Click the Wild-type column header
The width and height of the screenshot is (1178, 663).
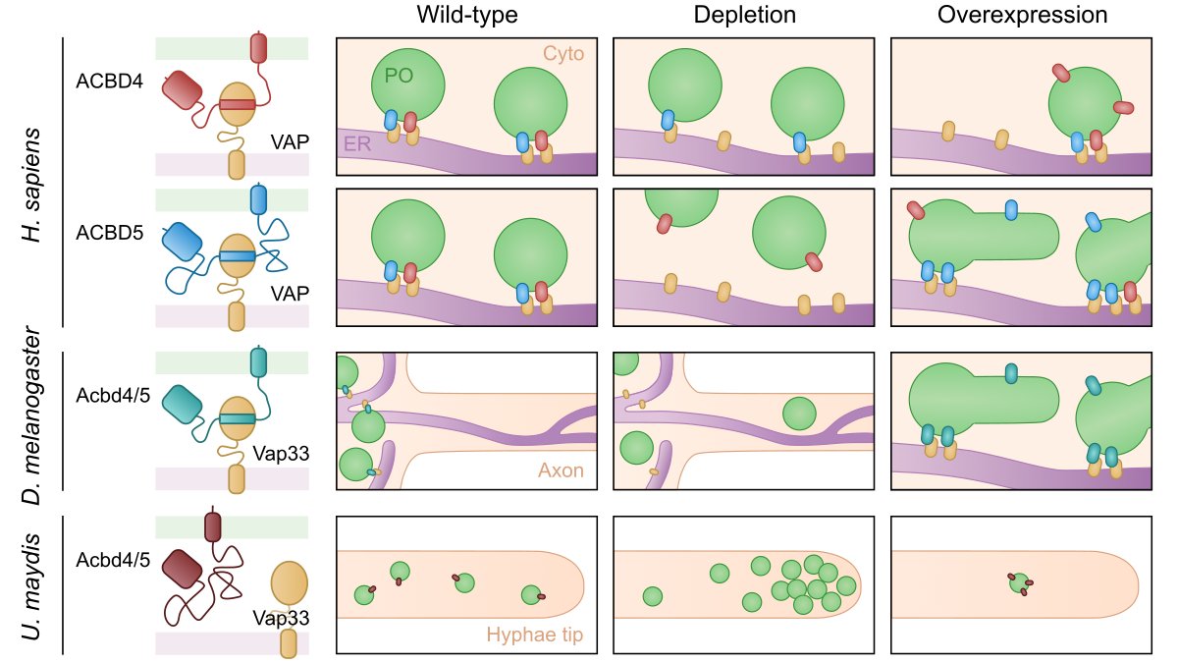466,16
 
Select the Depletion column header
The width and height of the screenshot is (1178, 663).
744,16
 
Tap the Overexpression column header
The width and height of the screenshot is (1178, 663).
1022,16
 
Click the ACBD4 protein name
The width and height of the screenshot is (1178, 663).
109,82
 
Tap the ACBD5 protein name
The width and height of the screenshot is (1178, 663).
109,234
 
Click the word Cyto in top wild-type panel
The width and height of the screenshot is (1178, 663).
563,54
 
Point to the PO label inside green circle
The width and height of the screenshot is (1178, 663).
398,76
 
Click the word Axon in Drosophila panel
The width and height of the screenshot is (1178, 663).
561,470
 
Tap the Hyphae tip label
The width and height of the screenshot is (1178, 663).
535,636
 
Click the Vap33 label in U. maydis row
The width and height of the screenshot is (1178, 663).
282,618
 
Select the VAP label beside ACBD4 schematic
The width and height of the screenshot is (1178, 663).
291,142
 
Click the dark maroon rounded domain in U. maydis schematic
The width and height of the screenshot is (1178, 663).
182,570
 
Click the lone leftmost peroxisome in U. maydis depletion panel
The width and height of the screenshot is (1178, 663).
653,596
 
